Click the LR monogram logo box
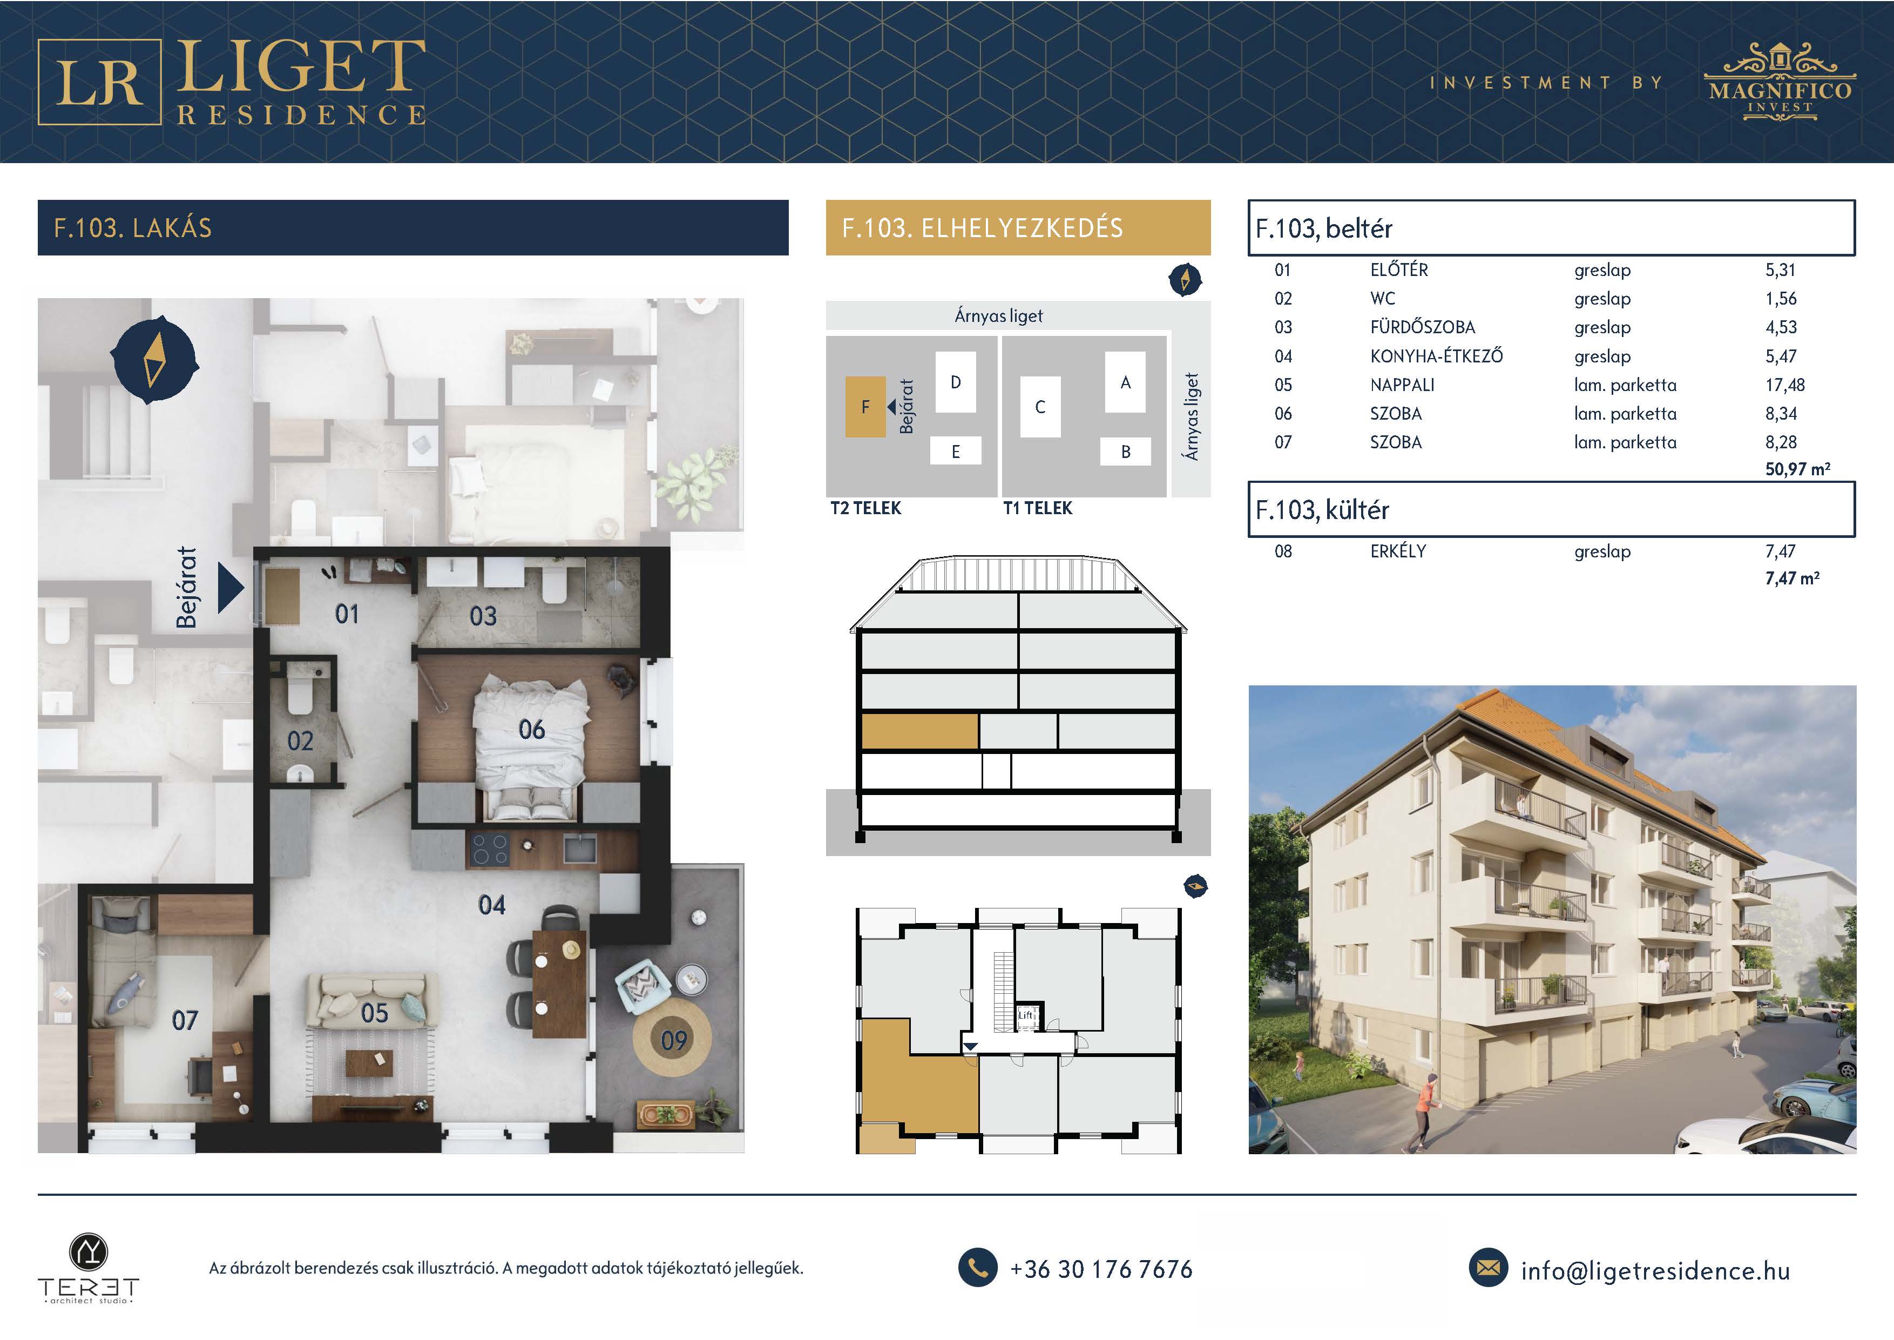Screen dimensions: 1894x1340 [99, 82]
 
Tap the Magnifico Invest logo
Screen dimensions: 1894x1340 [1780, 83]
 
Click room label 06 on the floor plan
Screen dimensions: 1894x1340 [531, 729]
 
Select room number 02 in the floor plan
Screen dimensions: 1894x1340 [300, 741]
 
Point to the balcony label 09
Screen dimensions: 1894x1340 [674, 1040]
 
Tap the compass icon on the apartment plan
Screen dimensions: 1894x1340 [154, 360]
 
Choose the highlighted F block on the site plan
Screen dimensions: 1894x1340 [865, 407]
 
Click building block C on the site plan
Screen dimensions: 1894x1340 [1040, 407]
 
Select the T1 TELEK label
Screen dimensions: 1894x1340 [1038, 508]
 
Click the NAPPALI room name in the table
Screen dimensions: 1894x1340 [1402, 385]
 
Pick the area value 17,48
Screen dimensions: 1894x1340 [1785, 385]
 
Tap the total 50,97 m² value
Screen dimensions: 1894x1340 [1797, 469]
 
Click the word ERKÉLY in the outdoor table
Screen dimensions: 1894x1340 [1398, 551]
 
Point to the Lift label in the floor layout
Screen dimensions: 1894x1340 [1025, 1015]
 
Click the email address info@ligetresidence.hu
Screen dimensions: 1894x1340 [1655, 1271]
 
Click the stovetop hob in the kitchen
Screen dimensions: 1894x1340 [490, 850]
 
